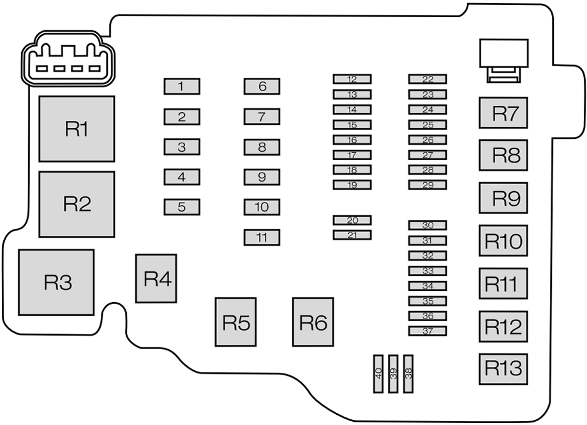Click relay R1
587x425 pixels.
pyautogui.click(x=77, y=129)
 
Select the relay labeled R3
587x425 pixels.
pyautogui.click(x=56, y=282)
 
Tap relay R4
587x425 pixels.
pyautogui.click(x=156, y=278)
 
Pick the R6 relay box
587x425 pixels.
pyautogui.click(x=313, y=322)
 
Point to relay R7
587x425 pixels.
pyautogui.click(x=504, y=113)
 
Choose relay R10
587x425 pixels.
pyautogui.click(x=504, y=240)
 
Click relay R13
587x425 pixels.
pyautogui.click(x=504, y=368)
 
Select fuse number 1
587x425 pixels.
pyautogui.click(x=182, y=86)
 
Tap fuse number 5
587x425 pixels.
pyautogui.click(x=182, y=207)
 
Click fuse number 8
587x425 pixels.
pyautogui.click(x=262, y=147)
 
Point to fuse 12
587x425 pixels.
pyautogui.click(x=352, y=79)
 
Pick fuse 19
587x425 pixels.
pyautogui.click(x=352, y=185)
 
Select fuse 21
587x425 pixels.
pyautogui.click(x=352, y=235)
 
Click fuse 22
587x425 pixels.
pyautogui.click(x=427, y=79)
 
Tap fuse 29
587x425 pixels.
pyautogui.click(x=427, y=185)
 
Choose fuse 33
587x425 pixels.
pyautogui.click(x=427, y=271)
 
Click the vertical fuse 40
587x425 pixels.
pyautogui.click(x=379, y=373)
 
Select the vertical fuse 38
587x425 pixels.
pyautogui.click(x=408, y=373)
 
